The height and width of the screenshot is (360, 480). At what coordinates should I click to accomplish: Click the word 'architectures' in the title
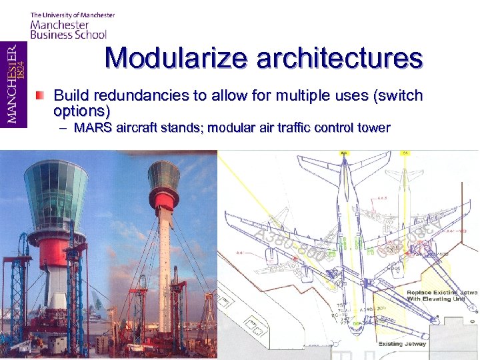(339, 58)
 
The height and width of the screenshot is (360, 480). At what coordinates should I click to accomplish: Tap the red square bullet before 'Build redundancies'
(41, 95)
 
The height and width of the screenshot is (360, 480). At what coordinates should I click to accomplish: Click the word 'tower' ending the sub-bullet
(373, 127)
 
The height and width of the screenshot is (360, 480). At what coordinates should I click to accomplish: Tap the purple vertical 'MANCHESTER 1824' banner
(13, 84)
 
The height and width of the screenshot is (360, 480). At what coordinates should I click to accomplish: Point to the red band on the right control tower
(164, 199)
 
